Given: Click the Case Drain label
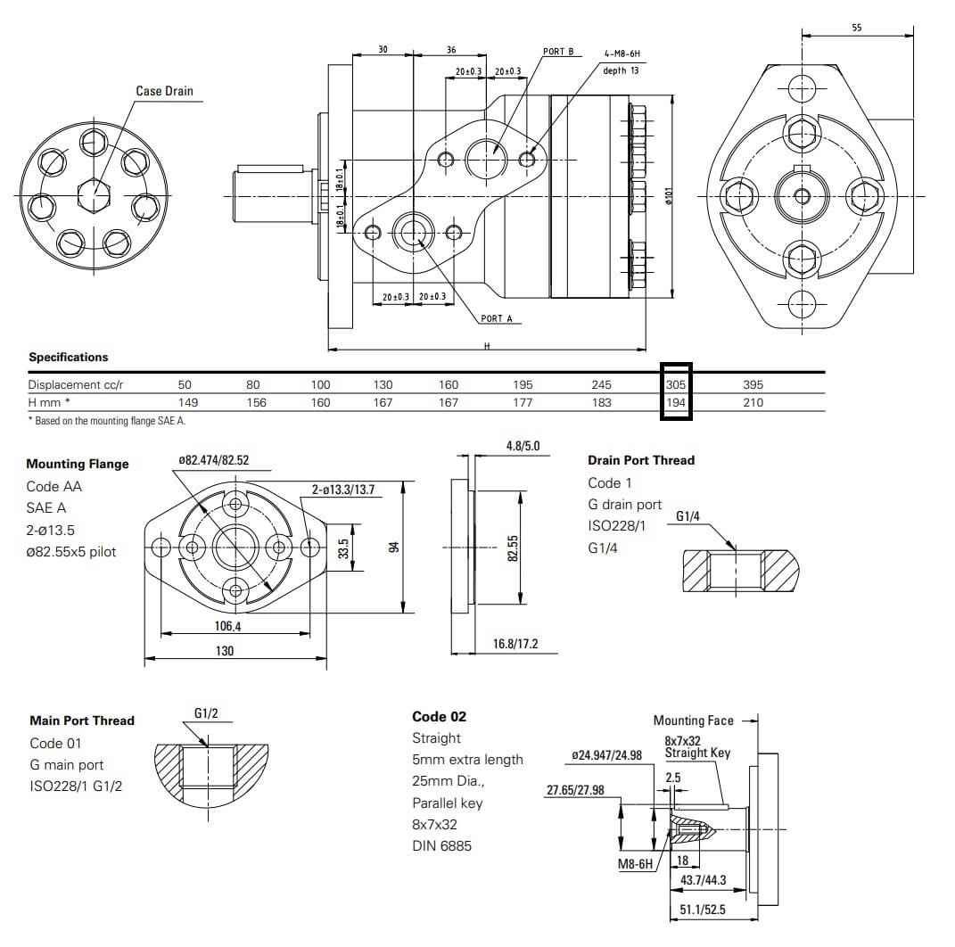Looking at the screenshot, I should pyautogui.click(x=164, y=91).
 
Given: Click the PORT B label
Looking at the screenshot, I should pyautogui.click(x=558, y=52).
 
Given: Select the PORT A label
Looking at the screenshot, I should pyautogui.click(x=497, y=318).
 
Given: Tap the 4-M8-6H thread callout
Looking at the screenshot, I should pyautogui.click(x=622, y=54).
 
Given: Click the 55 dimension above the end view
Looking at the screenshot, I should pyautogui.click(x=856, y=28).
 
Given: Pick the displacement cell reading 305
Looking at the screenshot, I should pyautogui.click(x=676, y=384).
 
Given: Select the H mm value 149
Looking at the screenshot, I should pyautogui.click(x=185, y=402).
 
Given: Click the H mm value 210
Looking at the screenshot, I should pyautogui.click(x=753, y=402).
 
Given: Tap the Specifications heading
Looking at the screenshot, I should pyautogui.click(x=69, y=357).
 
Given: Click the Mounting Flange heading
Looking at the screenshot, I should pyautogui.click(x=78, y=464).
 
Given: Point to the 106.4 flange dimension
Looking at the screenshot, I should pyautogui.click(x=227, y=626).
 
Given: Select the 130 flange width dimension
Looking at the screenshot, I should pyautogui.click(x=225, y=651).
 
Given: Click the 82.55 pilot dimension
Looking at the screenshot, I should pyautogui.click(x=513, y=548).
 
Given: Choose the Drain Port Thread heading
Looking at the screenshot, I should pyautogui.click(x=641, y=460).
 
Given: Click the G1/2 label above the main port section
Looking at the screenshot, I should pyautogui.click(x=206, y=713).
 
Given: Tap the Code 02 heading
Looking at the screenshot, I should pyautogui.click(x=439, y=716).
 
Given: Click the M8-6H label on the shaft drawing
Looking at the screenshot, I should pyautogui.click(x=636, y=864).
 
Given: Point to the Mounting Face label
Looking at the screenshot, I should pyautogui.click(x=693, y=721).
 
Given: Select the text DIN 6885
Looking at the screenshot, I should pyautogui.click(x=441, y=845).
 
